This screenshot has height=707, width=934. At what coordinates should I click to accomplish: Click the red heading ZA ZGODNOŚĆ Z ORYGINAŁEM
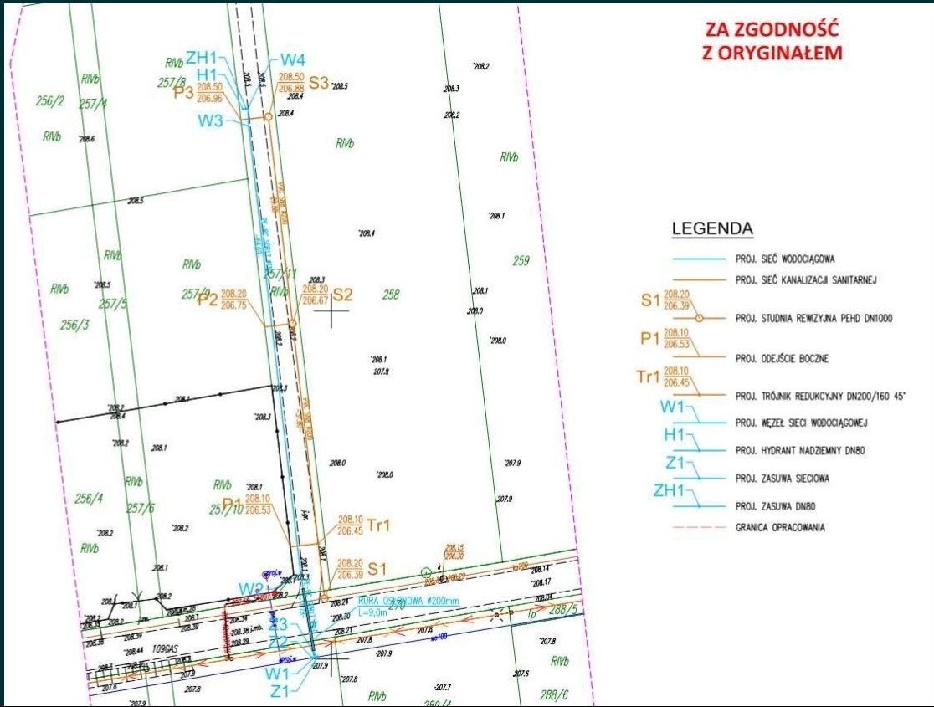coord(772,41)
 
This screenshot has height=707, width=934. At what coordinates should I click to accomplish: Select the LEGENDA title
coord(713,228)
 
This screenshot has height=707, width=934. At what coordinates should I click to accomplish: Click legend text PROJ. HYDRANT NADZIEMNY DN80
coord(799,451)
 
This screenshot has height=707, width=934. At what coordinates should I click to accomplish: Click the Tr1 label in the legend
coord(649,377)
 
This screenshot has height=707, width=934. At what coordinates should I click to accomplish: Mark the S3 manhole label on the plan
coord(319,82)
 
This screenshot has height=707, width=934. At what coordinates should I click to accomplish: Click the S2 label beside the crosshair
coord(343,295)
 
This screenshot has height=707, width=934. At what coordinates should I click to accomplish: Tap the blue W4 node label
coord(292,60)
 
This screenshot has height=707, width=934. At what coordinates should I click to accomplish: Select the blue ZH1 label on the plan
coord(201,58)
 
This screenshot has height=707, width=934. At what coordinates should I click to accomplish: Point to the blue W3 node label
coord(210,120)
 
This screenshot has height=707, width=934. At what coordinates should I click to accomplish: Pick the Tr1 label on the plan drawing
coord(378,525)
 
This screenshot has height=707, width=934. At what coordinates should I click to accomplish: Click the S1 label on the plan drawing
coord(377,568)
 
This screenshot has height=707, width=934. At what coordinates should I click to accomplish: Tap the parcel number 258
coord(391,295)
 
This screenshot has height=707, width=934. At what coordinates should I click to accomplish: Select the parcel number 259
coord(521,261)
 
